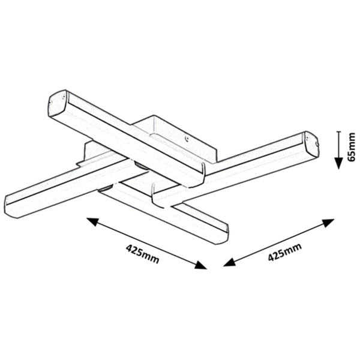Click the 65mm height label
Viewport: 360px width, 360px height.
click(x=351, y=147)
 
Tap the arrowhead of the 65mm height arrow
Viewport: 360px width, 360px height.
click(x=338, y=163)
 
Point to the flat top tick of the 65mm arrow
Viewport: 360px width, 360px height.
click(x=338, y=131)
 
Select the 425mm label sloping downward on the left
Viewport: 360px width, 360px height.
click(x=142, y=254)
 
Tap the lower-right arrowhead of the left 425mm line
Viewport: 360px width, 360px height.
click(x=200, y=265)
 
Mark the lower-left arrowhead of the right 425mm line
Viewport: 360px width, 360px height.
click(x=230, y=262)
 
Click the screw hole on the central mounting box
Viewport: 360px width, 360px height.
click(x=187, y=138)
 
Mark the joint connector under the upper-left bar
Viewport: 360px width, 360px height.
click(x=140, y=165)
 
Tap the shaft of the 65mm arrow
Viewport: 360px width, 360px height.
click(x=338, y=145)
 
